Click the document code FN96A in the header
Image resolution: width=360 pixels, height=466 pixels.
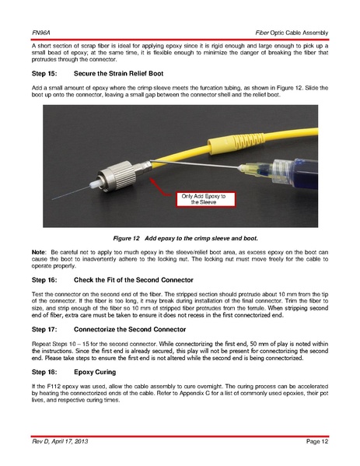40,33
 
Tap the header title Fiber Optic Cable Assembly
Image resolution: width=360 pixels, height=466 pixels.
292,33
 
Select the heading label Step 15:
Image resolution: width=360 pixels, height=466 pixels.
44,73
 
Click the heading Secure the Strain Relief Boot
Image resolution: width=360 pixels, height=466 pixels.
118,73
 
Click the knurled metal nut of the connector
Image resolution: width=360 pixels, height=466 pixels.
117,177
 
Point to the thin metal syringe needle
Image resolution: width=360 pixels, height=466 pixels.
195,165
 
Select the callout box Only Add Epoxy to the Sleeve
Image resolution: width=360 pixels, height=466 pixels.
205,199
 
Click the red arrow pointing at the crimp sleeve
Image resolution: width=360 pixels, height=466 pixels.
160,187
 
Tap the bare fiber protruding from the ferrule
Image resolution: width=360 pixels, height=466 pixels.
71,193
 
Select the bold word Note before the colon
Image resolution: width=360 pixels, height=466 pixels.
38,252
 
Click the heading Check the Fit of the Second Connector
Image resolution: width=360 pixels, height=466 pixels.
134,280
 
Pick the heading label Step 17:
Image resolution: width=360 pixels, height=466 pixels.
44,329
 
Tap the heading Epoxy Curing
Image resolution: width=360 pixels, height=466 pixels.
95,372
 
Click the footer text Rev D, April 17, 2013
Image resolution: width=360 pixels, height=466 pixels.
60,441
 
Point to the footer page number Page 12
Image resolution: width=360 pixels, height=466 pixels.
317,441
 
